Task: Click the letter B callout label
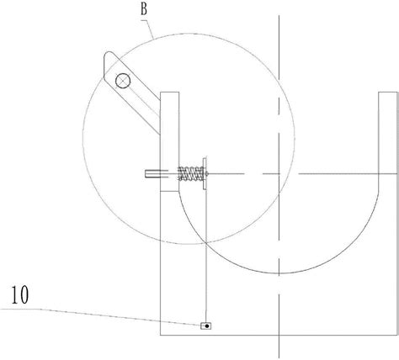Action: [x=144, y=9]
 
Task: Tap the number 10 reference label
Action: [x=19, y=295]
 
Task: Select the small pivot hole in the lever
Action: [x=123, y=81]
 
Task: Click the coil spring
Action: [x=190, y=173]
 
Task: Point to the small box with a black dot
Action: [x=205, y=326]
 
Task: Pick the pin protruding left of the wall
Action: [x=153, y=174]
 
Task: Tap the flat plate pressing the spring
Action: [x=205, y=173]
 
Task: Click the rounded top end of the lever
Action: [x=109, y=56]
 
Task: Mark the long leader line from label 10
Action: [x=101, y=316]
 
